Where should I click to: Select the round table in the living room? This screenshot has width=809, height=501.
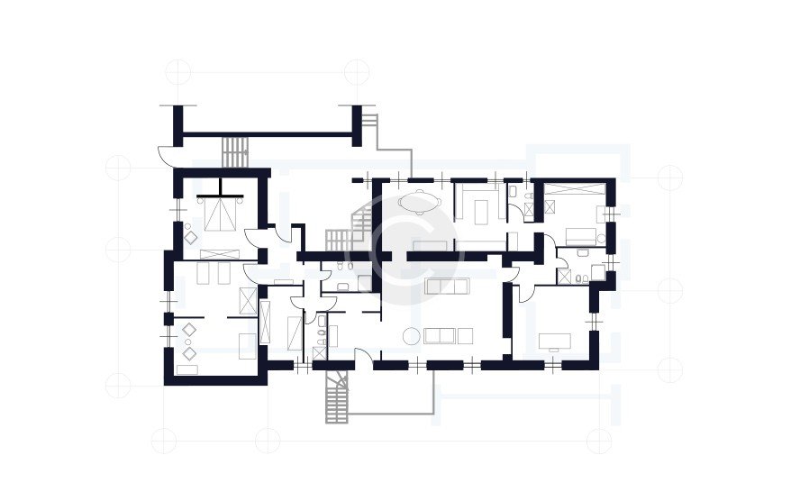pos(411,336)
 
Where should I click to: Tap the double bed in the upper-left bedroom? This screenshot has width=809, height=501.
pos(219,214)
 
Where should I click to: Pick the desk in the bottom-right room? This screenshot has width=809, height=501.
pos(552,341)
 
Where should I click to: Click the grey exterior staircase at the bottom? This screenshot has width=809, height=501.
pos(337,397)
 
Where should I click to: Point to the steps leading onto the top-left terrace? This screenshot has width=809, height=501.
pos(235,151)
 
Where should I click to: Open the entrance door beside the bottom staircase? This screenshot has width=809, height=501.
pos(362,356)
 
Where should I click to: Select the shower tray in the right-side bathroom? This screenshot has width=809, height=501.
pos(548,205)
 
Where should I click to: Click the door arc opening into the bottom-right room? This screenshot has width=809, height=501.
pos(525,290)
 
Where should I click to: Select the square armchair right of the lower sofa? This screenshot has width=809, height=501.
pos(465,336)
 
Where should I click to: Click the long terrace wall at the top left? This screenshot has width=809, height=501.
pos(266,135)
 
